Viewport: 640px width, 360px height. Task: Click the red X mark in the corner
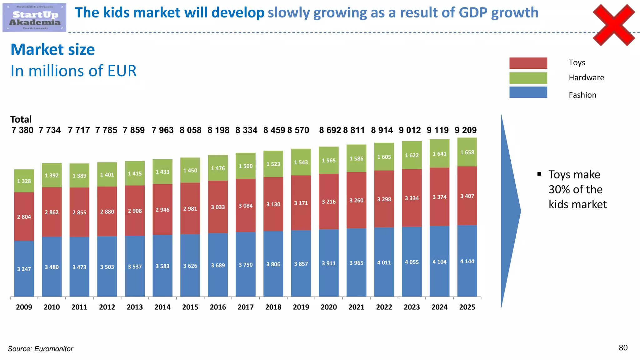(x=614, y=25)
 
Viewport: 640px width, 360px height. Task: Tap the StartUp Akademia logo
(x=34, y=17)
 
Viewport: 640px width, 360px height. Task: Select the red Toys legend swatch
(x=528, y=63)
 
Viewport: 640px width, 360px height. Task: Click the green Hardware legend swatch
(x=528, y=78)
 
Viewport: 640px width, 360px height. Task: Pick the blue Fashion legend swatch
(x=528, y=92)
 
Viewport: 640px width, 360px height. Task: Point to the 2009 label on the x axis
(x=24, y=307)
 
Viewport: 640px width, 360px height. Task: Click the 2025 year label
(x=467, y=307)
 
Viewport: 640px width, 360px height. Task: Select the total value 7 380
(x=22, y=130)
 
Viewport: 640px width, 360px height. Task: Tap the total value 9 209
(x=466, y=130)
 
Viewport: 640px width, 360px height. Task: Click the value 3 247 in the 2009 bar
(x=24, y=269)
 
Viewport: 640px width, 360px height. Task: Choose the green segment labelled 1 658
(x=467, y=152)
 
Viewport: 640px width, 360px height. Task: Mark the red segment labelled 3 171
(x=301, y=203)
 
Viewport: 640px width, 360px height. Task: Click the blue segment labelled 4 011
(x=384, y=262)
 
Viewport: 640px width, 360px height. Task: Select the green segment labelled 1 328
(x=24, y=181)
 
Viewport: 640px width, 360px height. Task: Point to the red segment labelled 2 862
(x=52, y=212)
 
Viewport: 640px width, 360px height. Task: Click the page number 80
(x=623, y=348)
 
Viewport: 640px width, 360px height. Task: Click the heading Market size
(x=53, y=50)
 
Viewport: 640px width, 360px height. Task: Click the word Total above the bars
(x=21, y=119)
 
